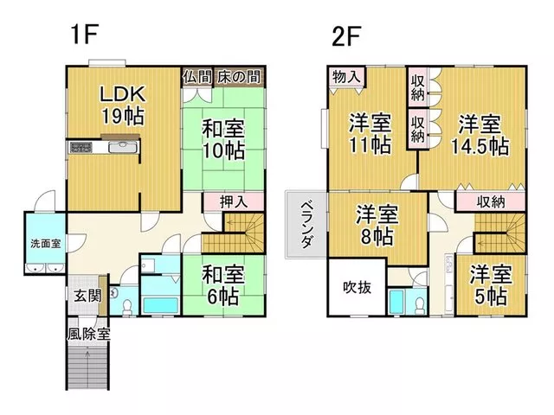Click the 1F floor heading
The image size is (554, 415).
84,35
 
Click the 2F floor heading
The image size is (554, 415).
346,36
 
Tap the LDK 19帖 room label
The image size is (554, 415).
123,105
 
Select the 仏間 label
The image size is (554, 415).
197,77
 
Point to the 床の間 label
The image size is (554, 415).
239,77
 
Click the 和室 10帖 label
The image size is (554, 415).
223,139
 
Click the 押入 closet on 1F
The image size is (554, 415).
234,201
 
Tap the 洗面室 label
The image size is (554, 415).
45,244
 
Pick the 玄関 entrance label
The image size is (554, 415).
87,296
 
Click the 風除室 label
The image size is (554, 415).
88,334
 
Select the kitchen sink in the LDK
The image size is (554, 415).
123,147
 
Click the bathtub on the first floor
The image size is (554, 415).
161,305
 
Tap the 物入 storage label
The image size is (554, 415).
346,77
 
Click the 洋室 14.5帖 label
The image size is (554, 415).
480,135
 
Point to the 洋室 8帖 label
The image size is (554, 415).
377,226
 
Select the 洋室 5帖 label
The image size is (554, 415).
491,285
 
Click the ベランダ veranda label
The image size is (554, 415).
306,225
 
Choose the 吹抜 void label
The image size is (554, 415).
358,288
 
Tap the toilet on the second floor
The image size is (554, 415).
420,305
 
